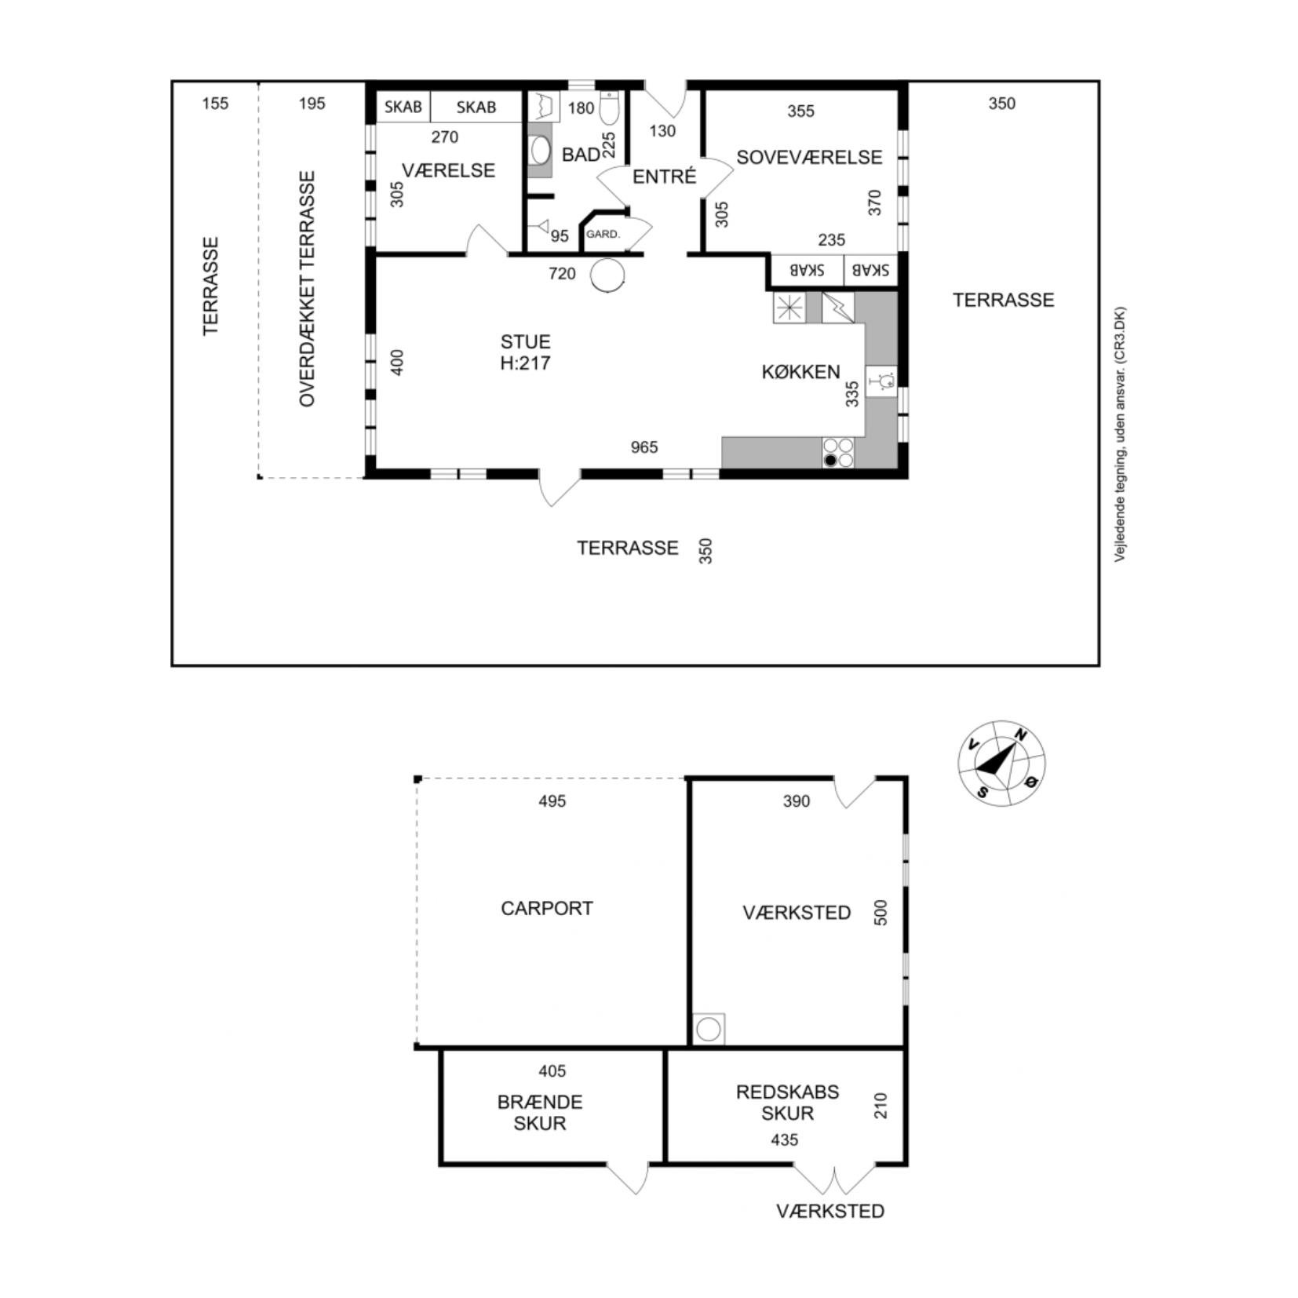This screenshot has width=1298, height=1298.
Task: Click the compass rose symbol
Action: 1001,762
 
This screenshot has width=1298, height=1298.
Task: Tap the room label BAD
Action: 580,155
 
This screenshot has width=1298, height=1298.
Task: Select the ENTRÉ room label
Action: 664,177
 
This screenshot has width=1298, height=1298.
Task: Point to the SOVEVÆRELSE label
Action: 809,157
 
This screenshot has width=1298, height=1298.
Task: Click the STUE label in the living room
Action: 525,341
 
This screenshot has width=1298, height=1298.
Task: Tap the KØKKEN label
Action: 800,371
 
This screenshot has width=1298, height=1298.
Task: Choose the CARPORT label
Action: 546,908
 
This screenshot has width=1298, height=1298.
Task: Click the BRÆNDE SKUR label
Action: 540,1112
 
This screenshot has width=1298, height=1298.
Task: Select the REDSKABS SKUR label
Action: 787,1102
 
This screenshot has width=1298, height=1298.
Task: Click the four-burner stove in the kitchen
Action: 838,453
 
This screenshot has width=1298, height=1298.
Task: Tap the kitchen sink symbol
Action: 881,381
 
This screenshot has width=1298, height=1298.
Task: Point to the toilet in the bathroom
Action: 610,108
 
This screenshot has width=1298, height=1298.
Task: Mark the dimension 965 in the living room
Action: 644,447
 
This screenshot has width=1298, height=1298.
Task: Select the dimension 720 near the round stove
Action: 562,273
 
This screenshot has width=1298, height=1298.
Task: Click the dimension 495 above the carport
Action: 552,801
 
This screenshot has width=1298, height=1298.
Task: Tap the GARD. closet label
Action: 603,234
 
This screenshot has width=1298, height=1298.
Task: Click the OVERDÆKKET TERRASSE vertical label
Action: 307,289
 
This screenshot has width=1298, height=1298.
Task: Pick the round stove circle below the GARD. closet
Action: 607,275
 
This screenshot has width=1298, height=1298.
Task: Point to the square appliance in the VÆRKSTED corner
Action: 709,1030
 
